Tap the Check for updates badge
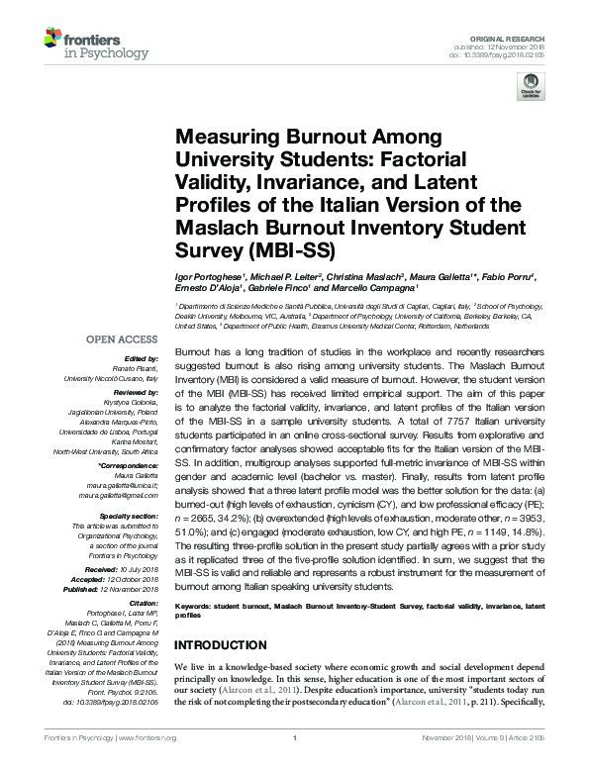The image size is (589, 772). pos(532,90)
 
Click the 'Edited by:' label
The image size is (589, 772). pos(143,357)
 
